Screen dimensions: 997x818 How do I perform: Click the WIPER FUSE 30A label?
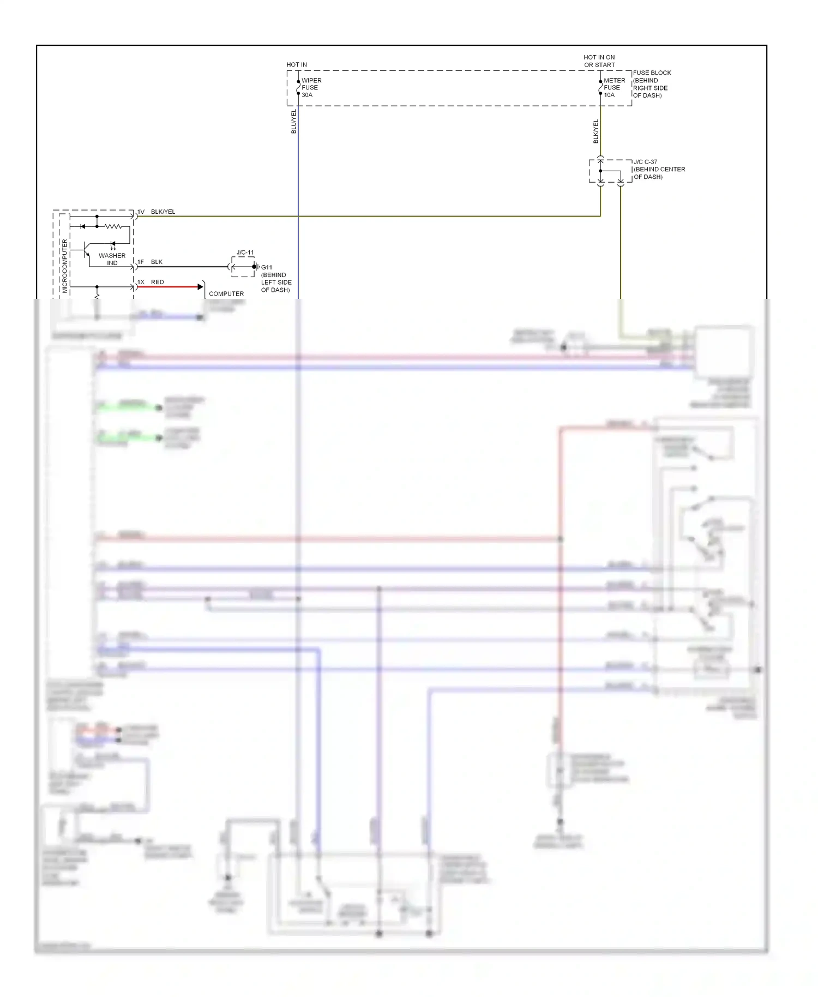(311, 88)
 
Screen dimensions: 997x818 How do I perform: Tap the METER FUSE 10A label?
(613, 88)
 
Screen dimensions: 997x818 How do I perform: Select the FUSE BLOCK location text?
(651, 84)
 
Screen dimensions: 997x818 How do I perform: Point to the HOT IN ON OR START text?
(599, 61)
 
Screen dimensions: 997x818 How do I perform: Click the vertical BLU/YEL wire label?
(294, 121)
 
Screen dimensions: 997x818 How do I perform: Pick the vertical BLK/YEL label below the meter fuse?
(596, 131)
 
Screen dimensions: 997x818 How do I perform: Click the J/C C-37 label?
(645, 162)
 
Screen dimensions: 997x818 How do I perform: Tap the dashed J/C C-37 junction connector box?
(610, 171)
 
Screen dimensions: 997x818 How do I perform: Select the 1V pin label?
(141, 212)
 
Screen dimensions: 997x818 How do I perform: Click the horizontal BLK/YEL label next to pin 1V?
(163, 212)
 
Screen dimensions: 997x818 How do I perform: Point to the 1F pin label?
(141, 262)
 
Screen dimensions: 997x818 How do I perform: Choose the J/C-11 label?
(245, 253)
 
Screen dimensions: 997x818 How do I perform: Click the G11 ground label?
(267, 267)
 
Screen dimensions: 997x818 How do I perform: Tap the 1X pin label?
(141, 282)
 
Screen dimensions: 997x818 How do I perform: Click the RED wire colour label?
(157, 282)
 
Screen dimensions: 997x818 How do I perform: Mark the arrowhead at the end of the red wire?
(200, 287)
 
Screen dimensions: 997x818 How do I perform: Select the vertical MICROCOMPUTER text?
(65, 266)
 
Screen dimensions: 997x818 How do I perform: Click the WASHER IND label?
(112, 259)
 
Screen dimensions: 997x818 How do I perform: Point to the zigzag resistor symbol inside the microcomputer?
(113, 226)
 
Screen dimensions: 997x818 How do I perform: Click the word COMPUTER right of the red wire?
(226, 293)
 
